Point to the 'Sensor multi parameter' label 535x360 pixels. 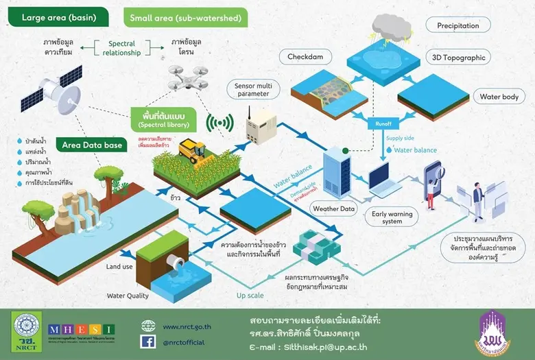click(x=252, y=88)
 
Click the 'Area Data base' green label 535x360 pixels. click(x=93, y=145)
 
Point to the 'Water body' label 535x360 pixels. click(x=499, y=97)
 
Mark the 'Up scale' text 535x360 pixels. click(x=252, y=296)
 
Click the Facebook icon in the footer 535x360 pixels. click(x=147, y=341)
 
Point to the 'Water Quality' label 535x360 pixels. click(x=129, y=296)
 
